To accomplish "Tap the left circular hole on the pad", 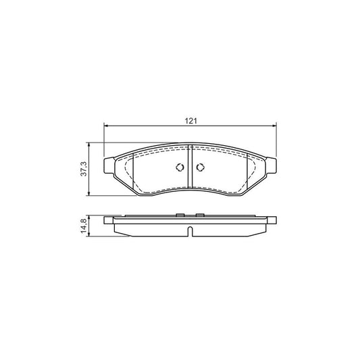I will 180,169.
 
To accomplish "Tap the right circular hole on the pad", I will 200,169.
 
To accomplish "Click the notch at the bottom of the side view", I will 190,232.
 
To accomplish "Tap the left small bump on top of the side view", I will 180,215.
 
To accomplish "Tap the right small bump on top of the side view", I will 200,215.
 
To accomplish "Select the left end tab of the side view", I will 109,220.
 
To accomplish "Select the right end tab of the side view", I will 272,220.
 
